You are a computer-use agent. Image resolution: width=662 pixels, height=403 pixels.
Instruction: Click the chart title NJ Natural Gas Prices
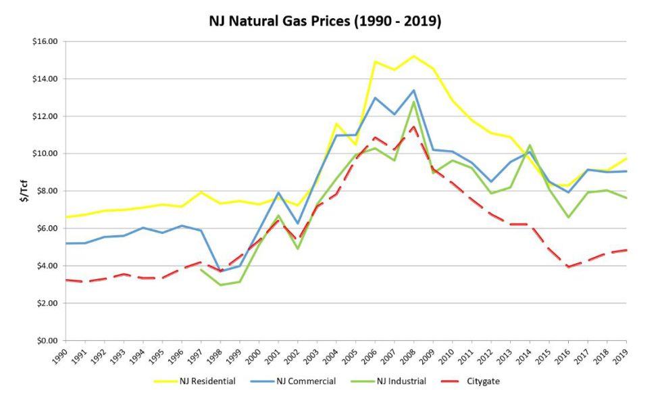(x=325, y=21)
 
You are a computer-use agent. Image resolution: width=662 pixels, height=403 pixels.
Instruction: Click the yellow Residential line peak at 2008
(x=413, y=55)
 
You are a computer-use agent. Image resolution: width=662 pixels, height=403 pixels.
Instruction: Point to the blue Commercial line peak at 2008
(x=413, y=90)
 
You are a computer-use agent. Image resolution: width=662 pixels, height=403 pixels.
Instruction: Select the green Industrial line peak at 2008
(x=413, y=101)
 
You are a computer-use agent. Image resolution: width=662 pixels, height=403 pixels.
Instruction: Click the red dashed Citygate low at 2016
(x=568, y=267)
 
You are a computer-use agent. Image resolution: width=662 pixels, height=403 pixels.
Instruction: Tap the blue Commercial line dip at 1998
(x=220, y=271)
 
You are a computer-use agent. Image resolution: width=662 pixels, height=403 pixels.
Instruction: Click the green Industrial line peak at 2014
(x=530, y=145)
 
